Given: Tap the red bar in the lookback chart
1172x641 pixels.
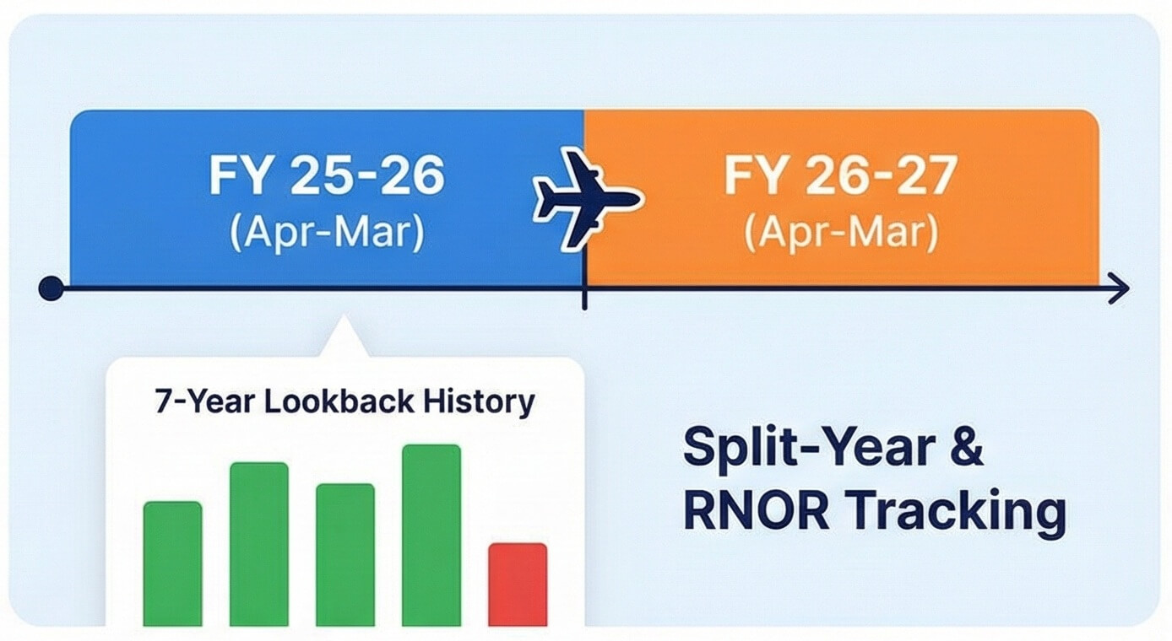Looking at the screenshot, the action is (518, 584).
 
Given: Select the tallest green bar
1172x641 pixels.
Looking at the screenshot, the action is (431, 535).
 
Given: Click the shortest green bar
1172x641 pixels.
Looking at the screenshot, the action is (172, 563).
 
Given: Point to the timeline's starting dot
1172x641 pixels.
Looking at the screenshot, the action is (52, 288).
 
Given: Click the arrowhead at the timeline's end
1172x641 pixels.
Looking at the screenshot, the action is (1120, 288).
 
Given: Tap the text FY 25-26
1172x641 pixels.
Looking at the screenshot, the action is (327, 175).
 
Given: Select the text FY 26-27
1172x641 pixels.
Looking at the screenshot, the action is (841, 175).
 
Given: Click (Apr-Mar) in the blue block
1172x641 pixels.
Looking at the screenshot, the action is (327, 233).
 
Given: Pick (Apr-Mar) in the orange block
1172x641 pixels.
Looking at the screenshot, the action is (841, 233).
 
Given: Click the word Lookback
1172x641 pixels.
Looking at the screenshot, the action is (339, 402).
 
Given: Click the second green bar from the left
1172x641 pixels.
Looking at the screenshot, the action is (259, 544).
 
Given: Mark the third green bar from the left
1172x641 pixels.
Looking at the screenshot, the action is (345, 555).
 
